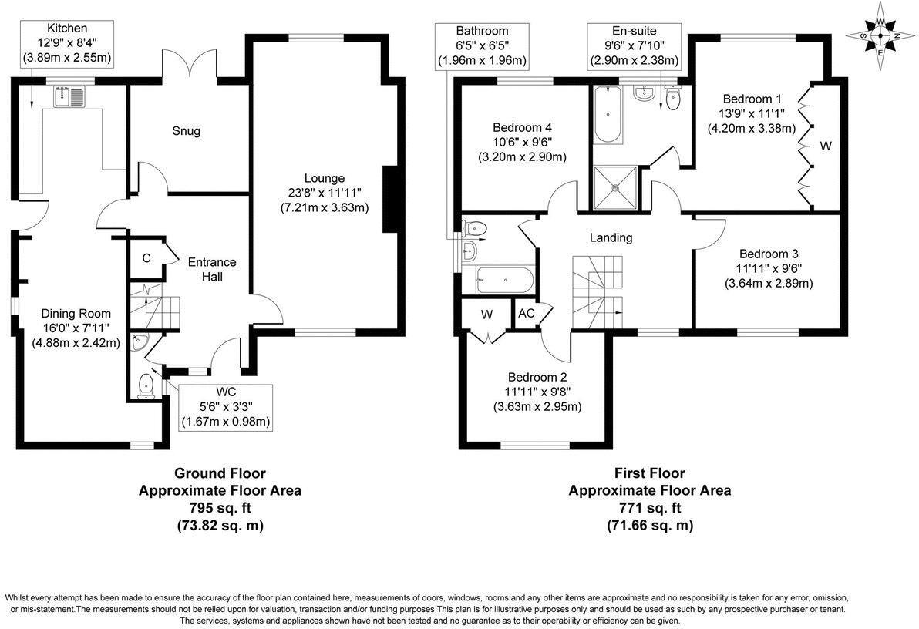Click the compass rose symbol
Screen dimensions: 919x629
point(880,35)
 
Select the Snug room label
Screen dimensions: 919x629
point(186,131)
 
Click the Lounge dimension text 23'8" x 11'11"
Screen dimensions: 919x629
point(324,192)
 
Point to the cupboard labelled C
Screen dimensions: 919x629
point(145,259)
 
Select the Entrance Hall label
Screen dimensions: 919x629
point(212,269)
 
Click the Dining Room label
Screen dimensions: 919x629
point(76,314)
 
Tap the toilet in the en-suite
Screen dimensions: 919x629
point(673,98)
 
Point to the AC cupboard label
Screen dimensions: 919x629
point(527,313)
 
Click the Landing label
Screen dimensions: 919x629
point(611,237)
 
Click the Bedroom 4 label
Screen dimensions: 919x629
point(522,127)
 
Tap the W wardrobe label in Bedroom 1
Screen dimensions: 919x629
point(825,145)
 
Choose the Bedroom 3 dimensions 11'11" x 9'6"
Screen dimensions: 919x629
point(769,269)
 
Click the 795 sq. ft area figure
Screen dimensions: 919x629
point(220,508)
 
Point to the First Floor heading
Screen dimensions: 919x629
point(649,473)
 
